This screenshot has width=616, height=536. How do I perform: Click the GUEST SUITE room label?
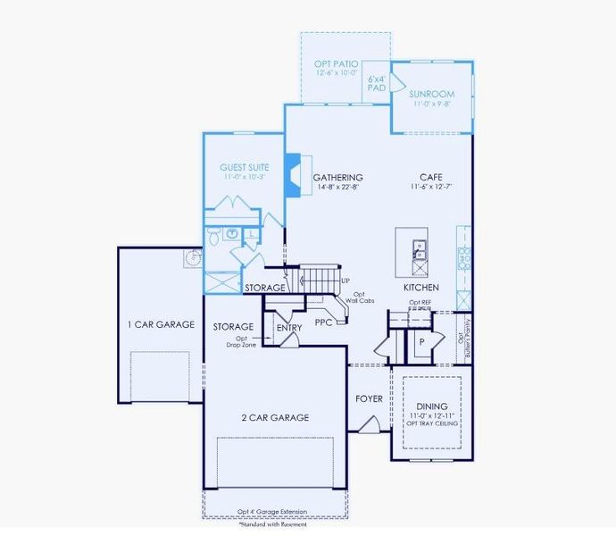click(245, 167)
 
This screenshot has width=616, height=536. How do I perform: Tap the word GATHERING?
click(338, 178)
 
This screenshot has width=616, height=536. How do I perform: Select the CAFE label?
click(433, 178)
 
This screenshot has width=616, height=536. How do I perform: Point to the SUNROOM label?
click(432, 94)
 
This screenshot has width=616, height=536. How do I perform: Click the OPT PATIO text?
click(336, 64)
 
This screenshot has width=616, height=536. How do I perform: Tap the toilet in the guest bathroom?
click(215, 236)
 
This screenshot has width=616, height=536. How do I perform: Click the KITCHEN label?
click(420, 289)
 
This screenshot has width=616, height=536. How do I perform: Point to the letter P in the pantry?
click(420, 342)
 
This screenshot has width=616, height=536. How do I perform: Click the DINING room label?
click(432, 406)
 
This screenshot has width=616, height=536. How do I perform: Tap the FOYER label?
click(369, 398)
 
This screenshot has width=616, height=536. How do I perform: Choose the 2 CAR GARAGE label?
click(275, 417)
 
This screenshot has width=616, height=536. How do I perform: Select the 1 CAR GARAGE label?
click(162, 324)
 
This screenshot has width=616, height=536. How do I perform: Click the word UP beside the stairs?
click(345, 281)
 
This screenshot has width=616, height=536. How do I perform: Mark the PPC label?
click(323, 322)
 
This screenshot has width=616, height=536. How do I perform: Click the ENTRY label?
click(289, 328)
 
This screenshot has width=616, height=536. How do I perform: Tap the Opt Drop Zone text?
click(242, 342)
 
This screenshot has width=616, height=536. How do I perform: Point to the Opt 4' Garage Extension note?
click(272, 512)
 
